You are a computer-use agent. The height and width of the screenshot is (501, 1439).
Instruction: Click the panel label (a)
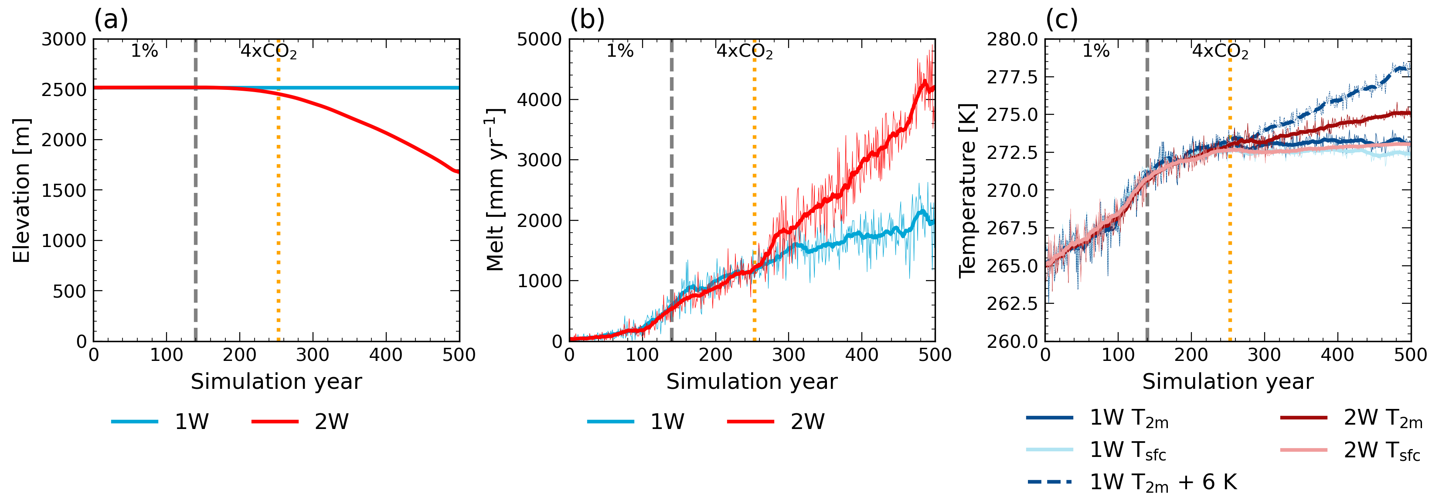pos(111,20)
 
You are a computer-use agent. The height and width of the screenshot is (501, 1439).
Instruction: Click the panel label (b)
pos(587,20)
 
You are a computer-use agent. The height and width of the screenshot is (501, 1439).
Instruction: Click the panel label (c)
pos(1061,20)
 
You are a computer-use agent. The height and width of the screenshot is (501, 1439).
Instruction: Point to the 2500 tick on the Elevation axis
pos(64,89)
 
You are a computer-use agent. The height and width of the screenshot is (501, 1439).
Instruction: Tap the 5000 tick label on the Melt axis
pos(539,39)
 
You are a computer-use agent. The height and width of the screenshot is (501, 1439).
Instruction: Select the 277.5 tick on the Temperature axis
pos(1012,77)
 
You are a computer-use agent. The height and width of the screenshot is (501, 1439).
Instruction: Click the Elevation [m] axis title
pos(21,190)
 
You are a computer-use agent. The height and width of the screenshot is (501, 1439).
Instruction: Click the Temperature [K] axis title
pos(967,190)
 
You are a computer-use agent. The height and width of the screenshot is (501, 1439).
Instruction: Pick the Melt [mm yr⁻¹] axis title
pos(495,190)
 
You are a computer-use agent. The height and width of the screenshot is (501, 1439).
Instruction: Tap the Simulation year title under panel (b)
pos(752,381)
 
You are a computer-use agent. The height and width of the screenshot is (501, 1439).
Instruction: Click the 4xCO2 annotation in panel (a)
pos(268,51)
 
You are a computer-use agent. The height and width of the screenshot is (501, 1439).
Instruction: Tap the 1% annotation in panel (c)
pos(1096,51)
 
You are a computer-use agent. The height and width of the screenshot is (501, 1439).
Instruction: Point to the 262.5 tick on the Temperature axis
pos(1012,304)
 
